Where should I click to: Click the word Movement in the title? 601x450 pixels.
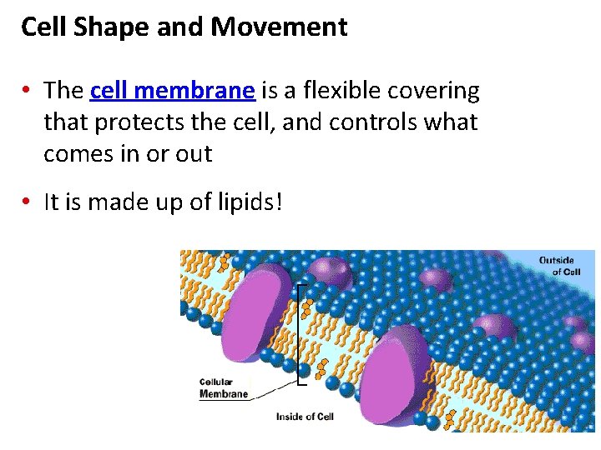pyautogui.click(x=279, y=27)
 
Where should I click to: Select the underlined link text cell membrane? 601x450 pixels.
pyautogui.click(x=172, y=90)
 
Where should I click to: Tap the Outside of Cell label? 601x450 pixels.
pyautogui.click(x=556, y=266)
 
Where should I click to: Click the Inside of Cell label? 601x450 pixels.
pyautogui.click(x=305, y=416)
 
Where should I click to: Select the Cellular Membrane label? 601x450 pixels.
pyautogui.click(x=223, y=388)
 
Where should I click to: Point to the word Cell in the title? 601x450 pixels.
pyautogui.click(x=43, y=27)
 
